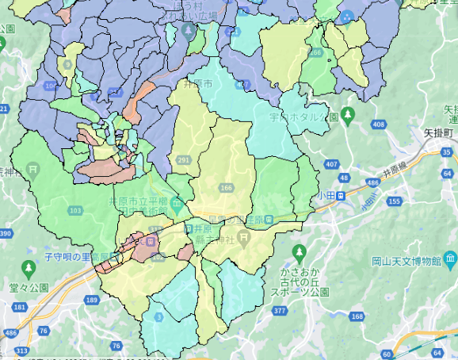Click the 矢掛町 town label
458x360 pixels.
pyautogui.click(x=437, y=132)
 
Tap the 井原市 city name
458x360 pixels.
pyautogui.click(x=197, y=83)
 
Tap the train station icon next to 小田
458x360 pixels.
pyautogui.click(x=339, y=196)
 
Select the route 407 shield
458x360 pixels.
pyautogui.click(x=330, y=163)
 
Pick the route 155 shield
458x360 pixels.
pyautogui.click(x=393, y=202)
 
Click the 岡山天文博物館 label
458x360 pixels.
pyautogui.click(x=406, y=260)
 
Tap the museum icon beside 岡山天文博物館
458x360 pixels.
pyautogui.click(x=450, y=259)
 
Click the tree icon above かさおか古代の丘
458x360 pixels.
pyautogui.click(x=299, y=254)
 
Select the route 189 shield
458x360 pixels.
pyautogui.click(x=92, y=300)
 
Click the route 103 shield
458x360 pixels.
pyautogui.click(x=76, y=210)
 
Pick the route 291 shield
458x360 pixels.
pyautogui.click(x=183, y=161)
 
